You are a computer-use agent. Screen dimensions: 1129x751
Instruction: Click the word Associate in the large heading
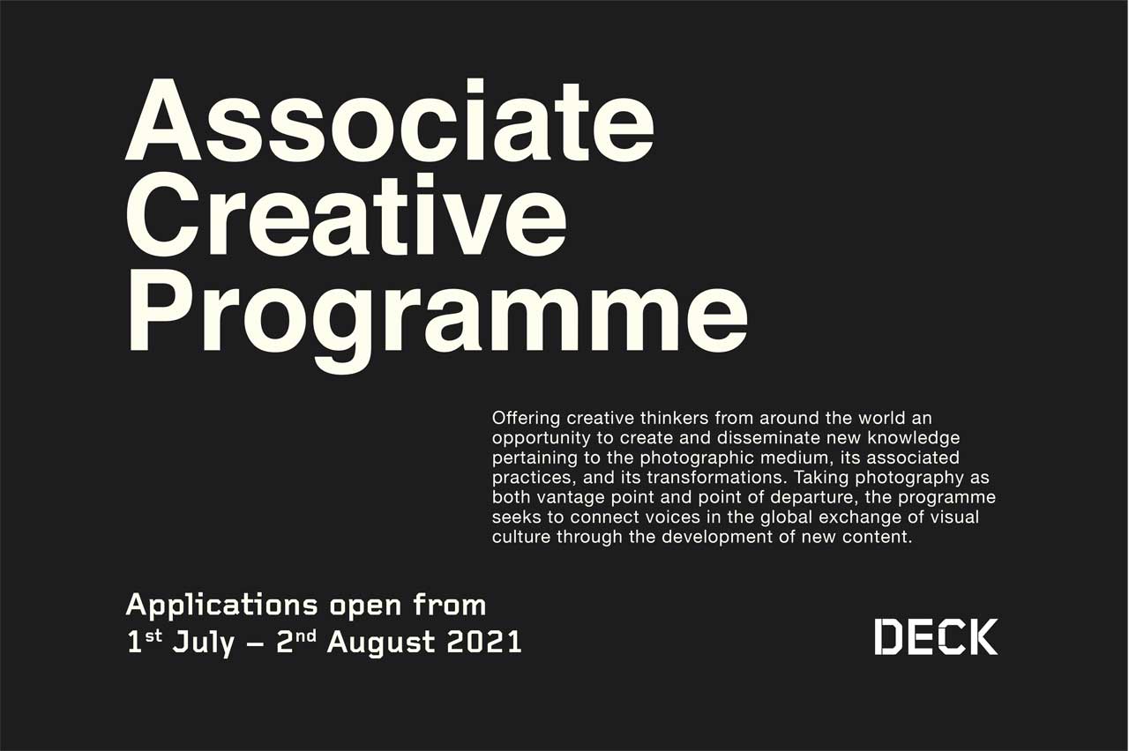pyautogui.click(x=390, y=120)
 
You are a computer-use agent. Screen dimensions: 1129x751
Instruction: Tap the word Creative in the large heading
pyautogui.click(x=347, y=216)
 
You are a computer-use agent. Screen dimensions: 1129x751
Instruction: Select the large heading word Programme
pyautogui.click(x=437, y=320)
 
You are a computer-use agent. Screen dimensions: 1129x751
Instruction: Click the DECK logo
pyautogui.click(x=936, y=636)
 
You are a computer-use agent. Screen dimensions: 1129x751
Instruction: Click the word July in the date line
pyautogui.click(x=204, y=643)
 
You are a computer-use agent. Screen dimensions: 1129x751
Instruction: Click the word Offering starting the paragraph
pyautogui.click(x=527, y=419)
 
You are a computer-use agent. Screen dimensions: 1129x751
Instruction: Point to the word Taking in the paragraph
pyautogui.click(x=820, y=479)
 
